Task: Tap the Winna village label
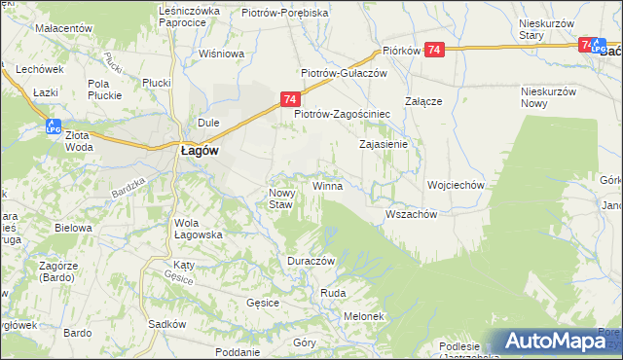327,185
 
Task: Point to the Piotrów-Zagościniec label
342,113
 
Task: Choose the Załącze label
424,101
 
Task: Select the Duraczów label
311,262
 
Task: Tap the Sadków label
166,324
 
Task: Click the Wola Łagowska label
199,228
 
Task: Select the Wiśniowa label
220,54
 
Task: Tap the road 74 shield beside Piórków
435,50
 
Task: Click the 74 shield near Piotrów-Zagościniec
290,98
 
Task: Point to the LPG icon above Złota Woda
55,125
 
